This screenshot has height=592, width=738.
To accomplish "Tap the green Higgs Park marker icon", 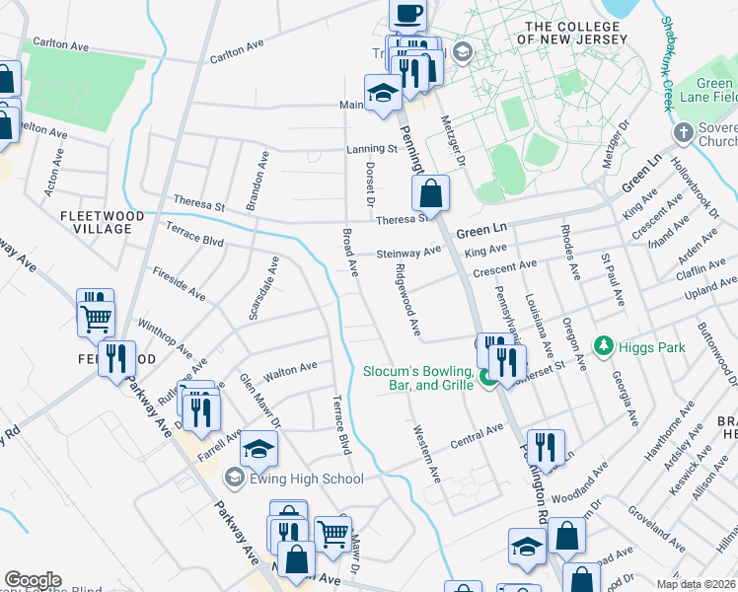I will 604,345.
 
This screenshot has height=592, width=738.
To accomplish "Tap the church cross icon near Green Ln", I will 682,132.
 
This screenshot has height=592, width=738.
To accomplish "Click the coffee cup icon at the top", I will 407,14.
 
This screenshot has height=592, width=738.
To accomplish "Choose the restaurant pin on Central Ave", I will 544,448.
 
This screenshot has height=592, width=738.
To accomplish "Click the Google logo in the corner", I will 33,580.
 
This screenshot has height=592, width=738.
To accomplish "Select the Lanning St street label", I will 370,150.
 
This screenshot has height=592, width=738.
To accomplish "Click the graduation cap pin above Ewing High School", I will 259,450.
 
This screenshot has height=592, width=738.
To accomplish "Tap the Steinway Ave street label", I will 408,253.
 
